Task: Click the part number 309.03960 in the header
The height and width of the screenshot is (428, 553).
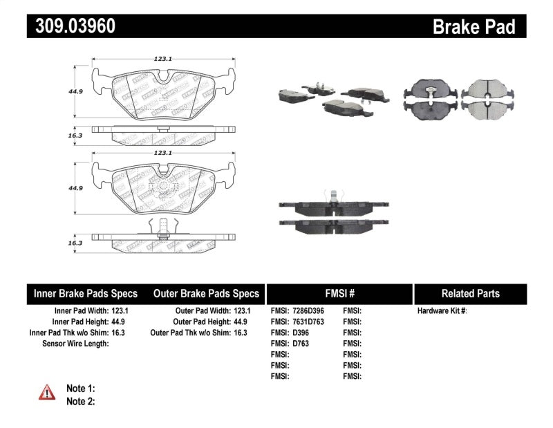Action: click(71, 26)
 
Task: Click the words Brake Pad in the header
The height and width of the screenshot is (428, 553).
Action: click(474, 27)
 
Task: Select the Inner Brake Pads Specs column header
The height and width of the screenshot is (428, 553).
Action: click(86, 293)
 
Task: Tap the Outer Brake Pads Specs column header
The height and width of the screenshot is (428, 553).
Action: click(206, 293)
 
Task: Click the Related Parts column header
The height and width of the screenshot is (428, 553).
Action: click(470, 293)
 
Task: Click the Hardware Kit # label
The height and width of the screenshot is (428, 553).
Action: click(442, 311)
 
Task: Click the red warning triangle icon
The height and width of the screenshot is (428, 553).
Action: click(47, 393)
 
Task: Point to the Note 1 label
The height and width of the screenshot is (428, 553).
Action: click(80, 389)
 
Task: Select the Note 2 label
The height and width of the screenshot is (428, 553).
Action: click(80, 401)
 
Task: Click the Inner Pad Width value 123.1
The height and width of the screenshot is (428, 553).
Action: click(120, 311)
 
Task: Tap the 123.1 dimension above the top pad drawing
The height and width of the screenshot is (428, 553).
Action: click(162, 59)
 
